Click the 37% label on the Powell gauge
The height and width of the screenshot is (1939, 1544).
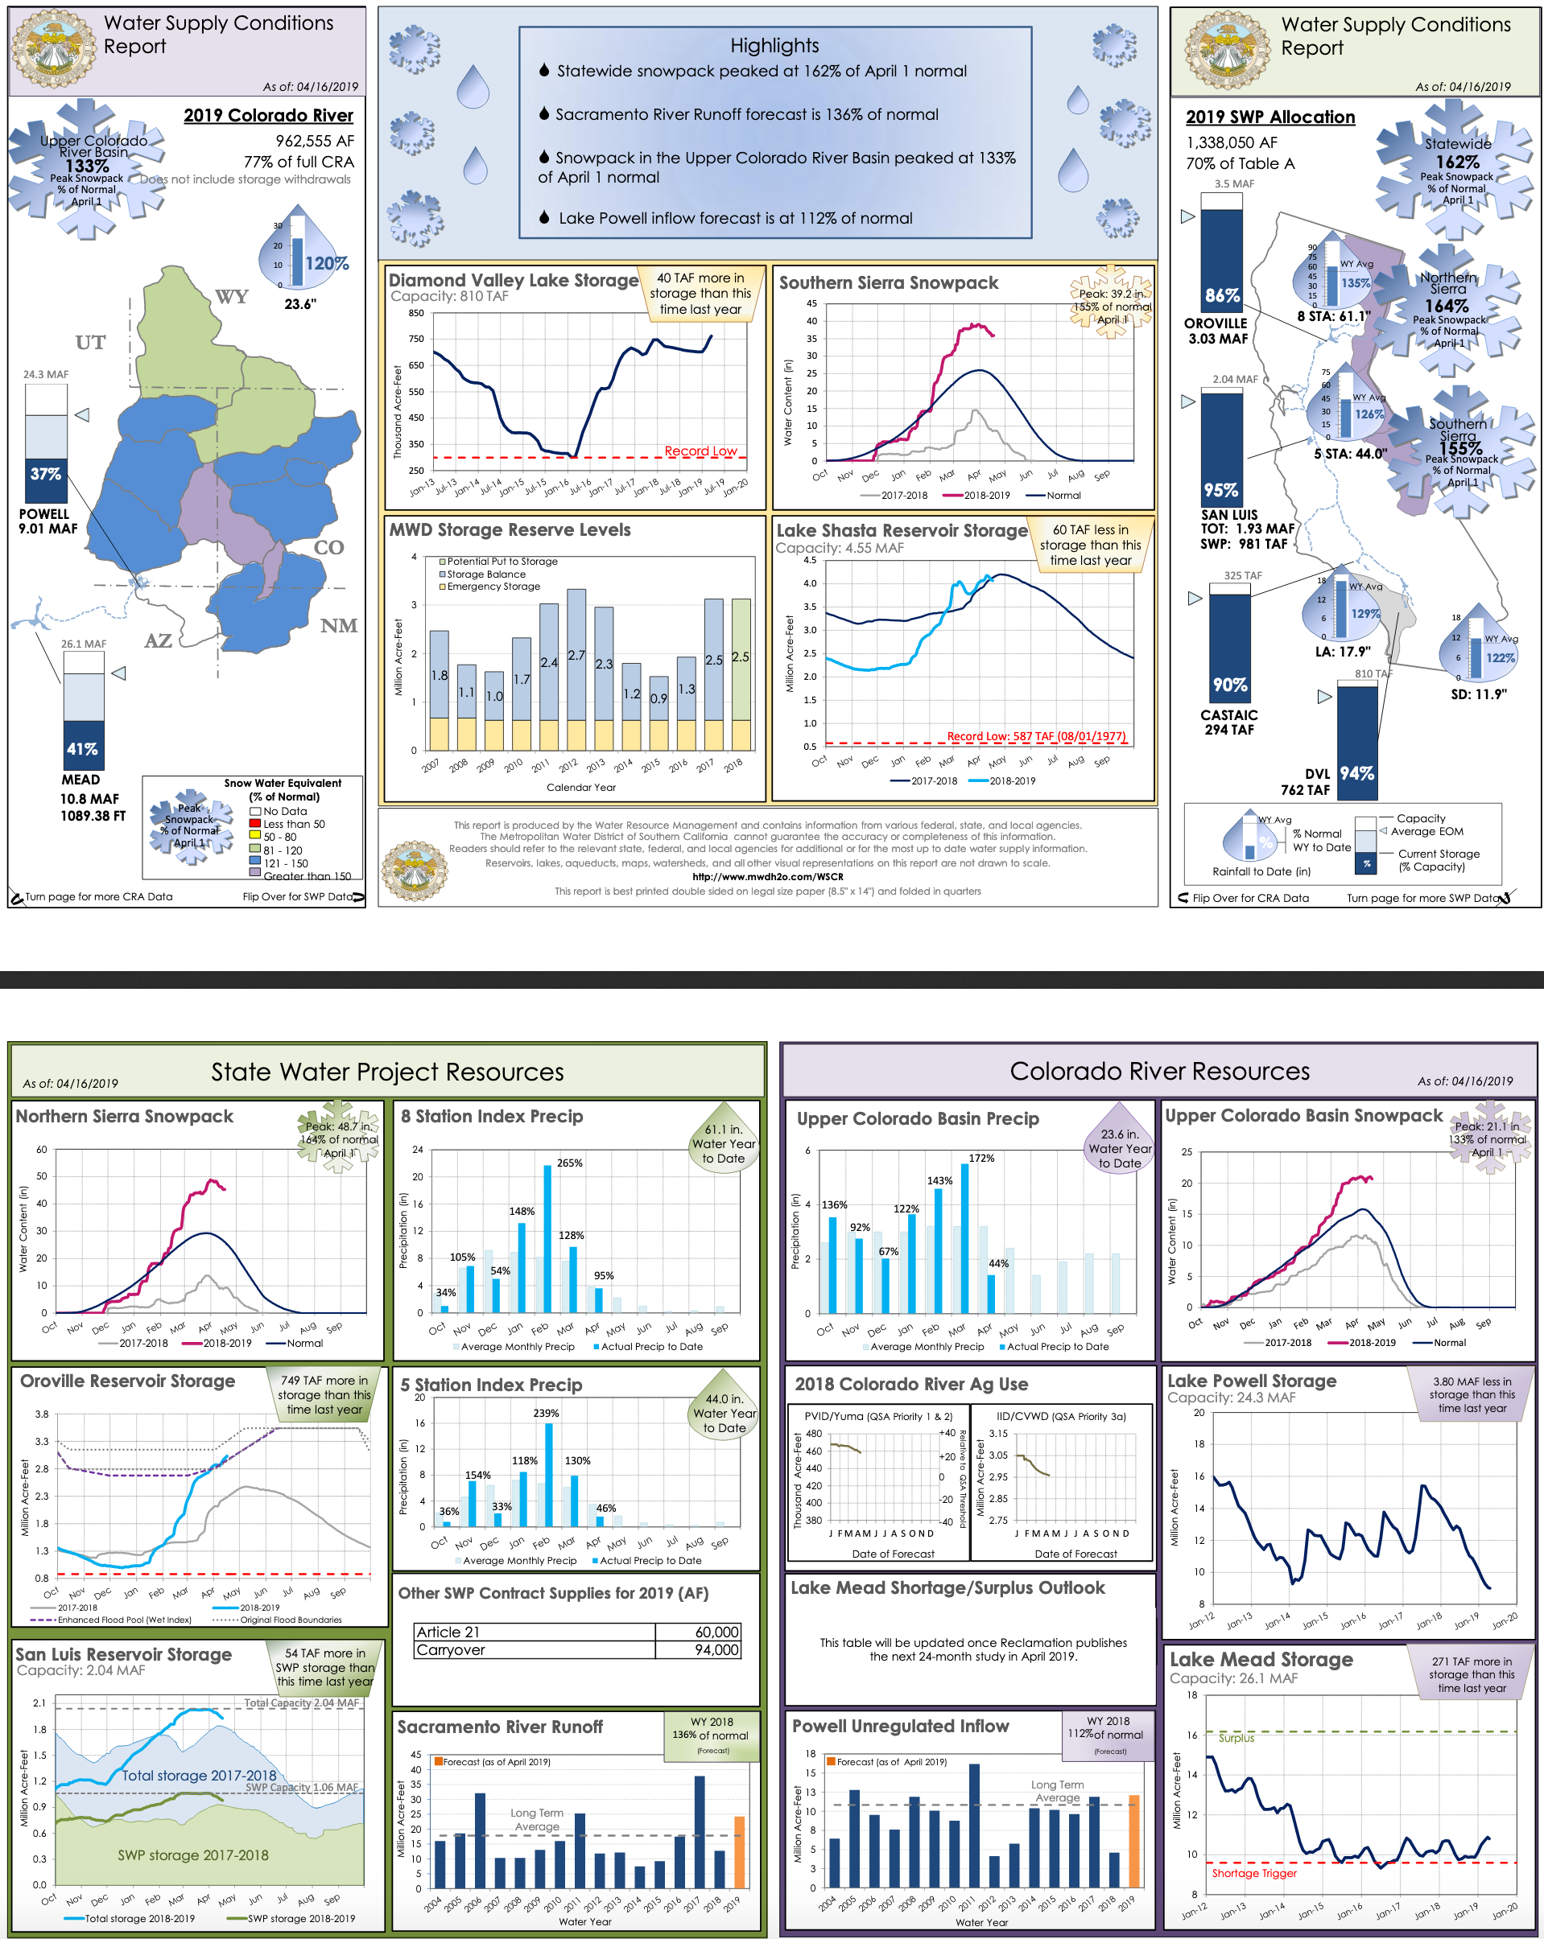pyautogui.click(x=46, y=474)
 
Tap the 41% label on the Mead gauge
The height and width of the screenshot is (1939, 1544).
pyautogui.click(x=83, y=748)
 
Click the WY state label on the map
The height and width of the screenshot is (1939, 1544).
pyautogui.click(x=231, y=297)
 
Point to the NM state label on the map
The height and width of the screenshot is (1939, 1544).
pyautogui.click(x=338, y=626)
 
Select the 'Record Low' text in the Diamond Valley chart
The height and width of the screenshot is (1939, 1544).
pyautogui.click(x=700, y=451)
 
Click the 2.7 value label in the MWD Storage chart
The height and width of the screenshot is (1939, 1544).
pyautogui.click(x=576, y=656)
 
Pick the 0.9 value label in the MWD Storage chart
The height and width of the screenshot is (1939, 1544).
pyautogui.click(x=658, y=698)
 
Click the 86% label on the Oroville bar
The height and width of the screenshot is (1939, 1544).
pyautogui.click(x=1222, y=296)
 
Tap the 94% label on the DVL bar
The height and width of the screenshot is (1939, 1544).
pyautogui.click(x=1356, y=773)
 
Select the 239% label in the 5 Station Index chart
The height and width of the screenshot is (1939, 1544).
pyautogui.click(x=545, y=1413)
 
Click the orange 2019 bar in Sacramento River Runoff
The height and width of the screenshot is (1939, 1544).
pyautogui.click(x=740, y=1852)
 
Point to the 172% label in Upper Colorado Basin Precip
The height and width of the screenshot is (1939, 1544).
pyautogui.click(x=980, y=1159)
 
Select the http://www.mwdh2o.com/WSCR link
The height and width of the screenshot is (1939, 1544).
pyautogui.click(x=767, y=877)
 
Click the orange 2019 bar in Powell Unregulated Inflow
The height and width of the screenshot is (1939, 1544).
pyautogui.click(x=1133, y=1840)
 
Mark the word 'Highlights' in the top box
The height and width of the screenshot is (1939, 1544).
pyautogui.click(x=774, y=46)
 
